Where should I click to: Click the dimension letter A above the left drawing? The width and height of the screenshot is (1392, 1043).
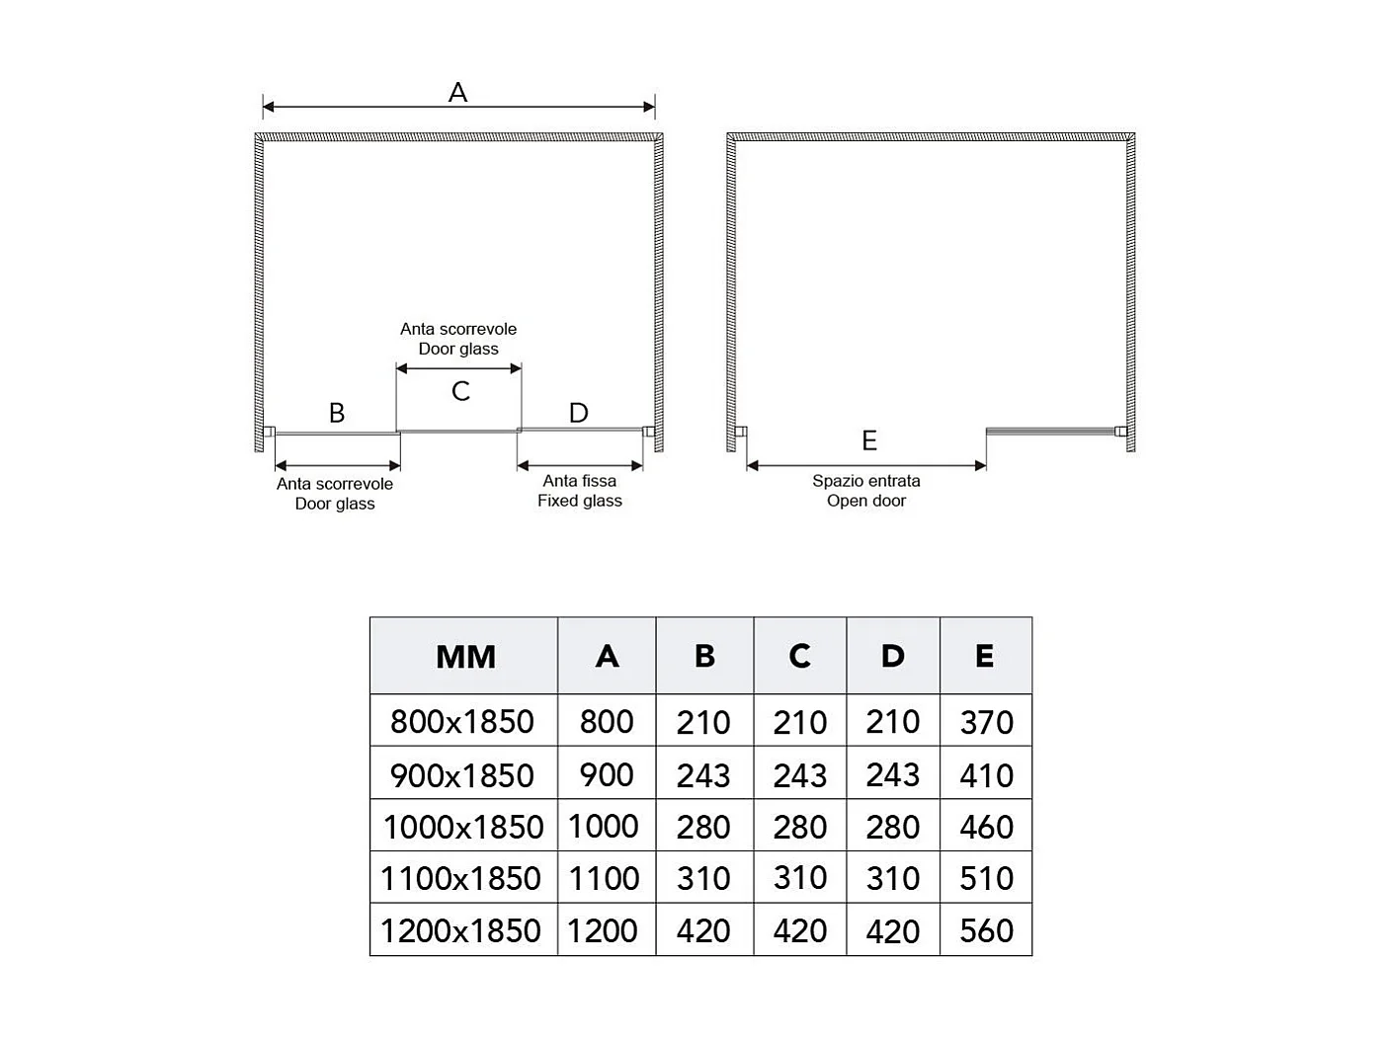click(457, 93)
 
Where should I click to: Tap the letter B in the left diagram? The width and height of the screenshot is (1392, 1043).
click(337, 413)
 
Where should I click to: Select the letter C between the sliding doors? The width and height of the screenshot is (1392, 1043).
click(460, 392)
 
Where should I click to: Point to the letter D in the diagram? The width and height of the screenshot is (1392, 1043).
click(579, 413)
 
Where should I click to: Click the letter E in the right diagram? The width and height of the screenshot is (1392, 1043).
click(869, 441)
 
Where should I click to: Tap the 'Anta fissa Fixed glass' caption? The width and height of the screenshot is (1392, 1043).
click(580, 491)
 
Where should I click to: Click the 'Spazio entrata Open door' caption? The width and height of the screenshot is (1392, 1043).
click(866, 491)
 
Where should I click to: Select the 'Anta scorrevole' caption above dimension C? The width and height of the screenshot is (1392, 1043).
click(458, 339)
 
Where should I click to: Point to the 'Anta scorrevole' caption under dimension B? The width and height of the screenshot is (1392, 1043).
click(335, 494)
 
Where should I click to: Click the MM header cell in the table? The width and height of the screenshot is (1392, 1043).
click(465, 657)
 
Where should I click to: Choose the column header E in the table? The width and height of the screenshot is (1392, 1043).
click(984, 656)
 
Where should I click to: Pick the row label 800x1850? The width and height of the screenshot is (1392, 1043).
click(462, 722)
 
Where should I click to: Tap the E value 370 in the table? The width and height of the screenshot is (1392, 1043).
click(986, 723)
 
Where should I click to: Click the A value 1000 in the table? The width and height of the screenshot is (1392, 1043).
click(604, 827)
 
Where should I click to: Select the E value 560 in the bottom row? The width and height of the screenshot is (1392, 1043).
click(986, 930)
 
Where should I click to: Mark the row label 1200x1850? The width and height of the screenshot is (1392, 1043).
click(460, 930)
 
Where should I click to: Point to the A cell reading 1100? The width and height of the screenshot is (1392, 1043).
click(604, 878)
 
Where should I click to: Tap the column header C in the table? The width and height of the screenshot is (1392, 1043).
click(799, 656)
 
